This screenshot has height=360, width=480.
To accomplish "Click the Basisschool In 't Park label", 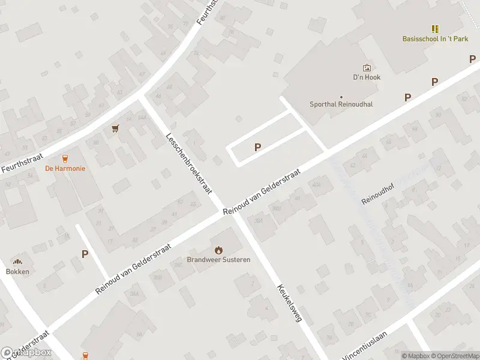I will coord(435,39).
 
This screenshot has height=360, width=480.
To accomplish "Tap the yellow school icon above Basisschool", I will coord(435,29).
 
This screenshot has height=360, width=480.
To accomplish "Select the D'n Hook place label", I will coord(367,77).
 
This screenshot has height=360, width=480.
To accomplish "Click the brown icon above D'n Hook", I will coord(367,68).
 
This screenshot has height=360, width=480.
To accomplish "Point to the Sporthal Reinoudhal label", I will coord(341,104).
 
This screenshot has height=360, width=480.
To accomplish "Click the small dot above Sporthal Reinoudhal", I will coord(341,97).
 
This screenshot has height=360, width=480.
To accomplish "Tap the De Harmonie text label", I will coord(65,169).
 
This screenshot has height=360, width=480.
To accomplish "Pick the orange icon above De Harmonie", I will coord(65,158).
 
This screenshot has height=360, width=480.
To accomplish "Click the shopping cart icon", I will coord(115,128).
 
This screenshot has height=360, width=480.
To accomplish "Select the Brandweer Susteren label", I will coord(218,260).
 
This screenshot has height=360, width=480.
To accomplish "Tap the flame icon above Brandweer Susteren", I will coord(218,250).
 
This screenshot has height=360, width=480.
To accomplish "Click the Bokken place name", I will coord(17,271).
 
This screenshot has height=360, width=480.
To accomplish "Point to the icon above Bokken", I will coord(17,262).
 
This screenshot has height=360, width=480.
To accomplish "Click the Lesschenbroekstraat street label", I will coord(190,163).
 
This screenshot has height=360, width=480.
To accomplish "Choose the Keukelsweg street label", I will coord(289,303).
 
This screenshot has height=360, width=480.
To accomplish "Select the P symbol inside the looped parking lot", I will coord(258,147).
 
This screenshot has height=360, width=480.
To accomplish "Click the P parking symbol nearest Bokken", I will coord(85,254).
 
